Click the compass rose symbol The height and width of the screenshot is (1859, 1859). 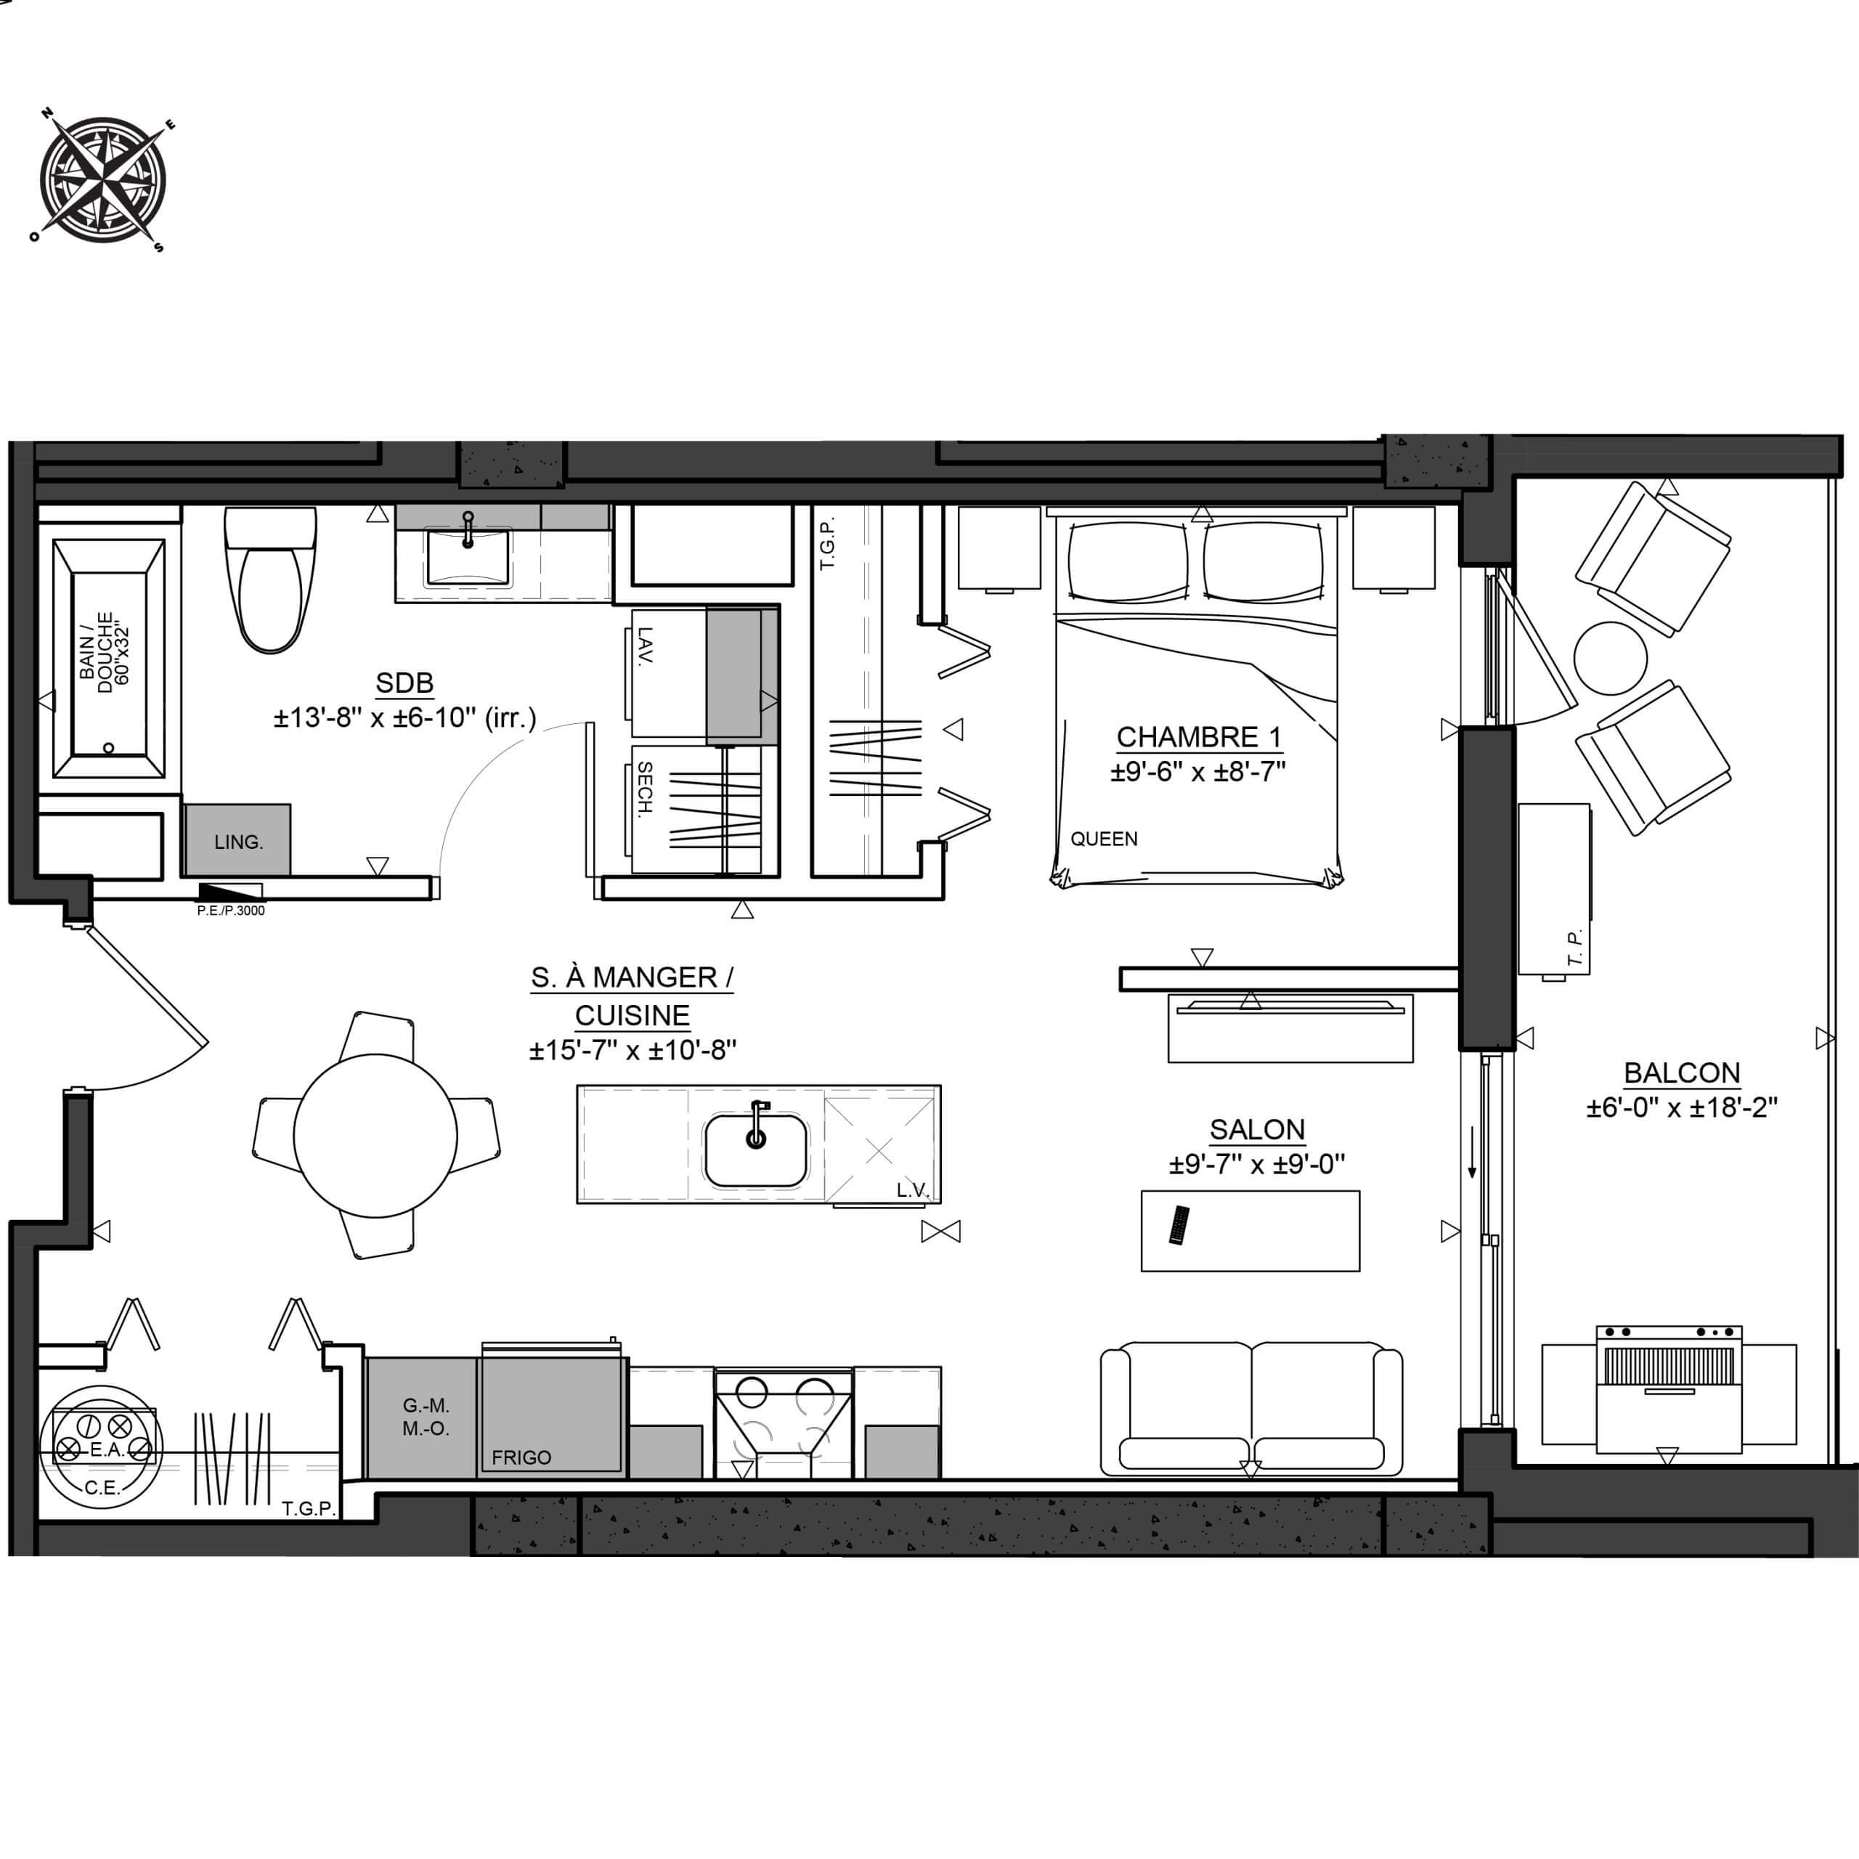point(101,180)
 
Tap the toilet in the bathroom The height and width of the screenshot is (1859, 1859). point(270,579)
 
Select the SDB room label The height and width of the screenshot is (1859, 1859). point(404,683)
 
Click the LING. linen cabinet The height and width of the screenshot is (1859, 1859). point(237,840)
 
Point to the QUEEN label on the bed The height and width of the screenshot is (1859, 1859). point(1104,839)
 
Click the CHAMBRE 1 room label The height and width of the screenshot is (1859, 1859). point(1199,738)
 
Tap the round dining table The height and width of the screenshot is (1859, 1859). point(375,1136)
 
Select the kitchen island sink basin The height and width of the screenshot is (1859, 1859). point(755,1150)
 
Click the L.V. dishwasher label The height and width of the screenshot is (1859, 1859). point(912,1190)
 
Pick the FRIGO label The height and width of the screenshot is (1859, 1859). point(521,1457)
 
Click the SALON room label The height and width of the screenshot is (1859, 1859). point(1257,1130)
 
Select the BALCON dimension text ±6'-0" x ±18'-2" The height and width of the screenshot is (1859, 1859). point(1682,1107)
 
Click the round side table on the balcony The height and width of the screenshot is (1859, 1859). point(1611,658)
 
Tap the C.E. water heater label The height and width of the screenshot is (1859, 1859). point(101,1488)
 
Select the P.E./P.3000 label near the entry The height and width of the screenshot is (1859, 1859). point(231,910)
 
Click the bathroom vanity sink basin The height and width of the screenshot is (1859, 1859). point(468,556)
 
